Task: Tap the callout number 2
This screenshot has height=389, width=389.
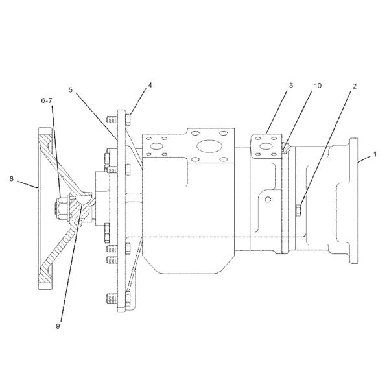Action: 354,85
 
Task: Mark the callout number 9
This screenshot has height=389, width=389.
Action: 58,326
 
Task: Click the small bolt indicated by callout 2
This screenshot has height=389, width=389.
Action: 298,209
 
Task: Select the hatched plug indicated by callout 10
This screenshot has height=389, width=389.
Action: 286,148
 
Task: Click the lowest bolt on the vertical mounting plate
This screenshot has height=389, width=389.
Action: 106,299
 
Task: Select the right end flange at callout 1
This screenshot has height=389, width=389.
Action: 353,201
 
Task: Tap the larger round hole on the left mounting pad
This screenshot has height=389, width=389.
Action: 156,147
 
